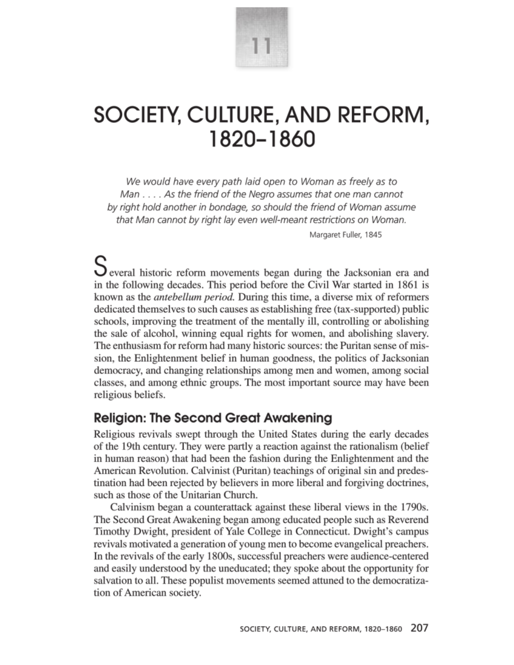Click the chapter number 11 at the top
point(261,45)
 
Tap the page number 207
point(419,628)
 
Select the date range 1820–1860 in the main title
point(261,139)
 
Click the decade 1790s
point(414,507)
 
